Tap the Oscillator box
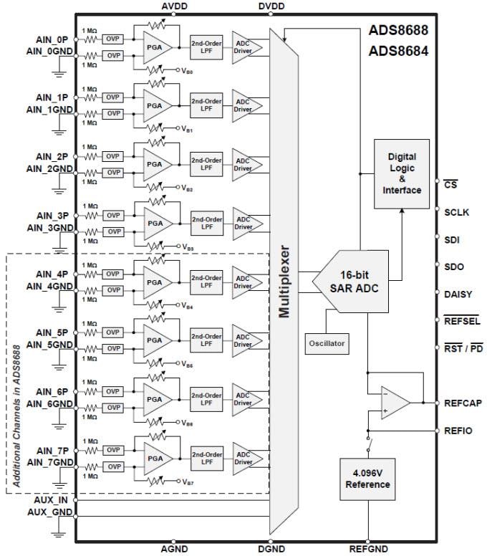coord(327,343)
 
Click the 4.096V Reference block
coord(367,479)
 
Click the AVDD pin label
coord(175,6)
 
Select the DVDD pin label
coord(271,6)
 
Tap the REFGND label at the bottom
coord(367,550)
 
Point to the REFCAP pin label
coord(463,403)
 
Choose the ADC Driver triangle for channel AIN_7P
coord(245,458)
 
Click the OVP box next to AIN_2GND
coord(113,173)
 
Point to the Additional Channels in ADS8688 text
coord(16,373)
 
